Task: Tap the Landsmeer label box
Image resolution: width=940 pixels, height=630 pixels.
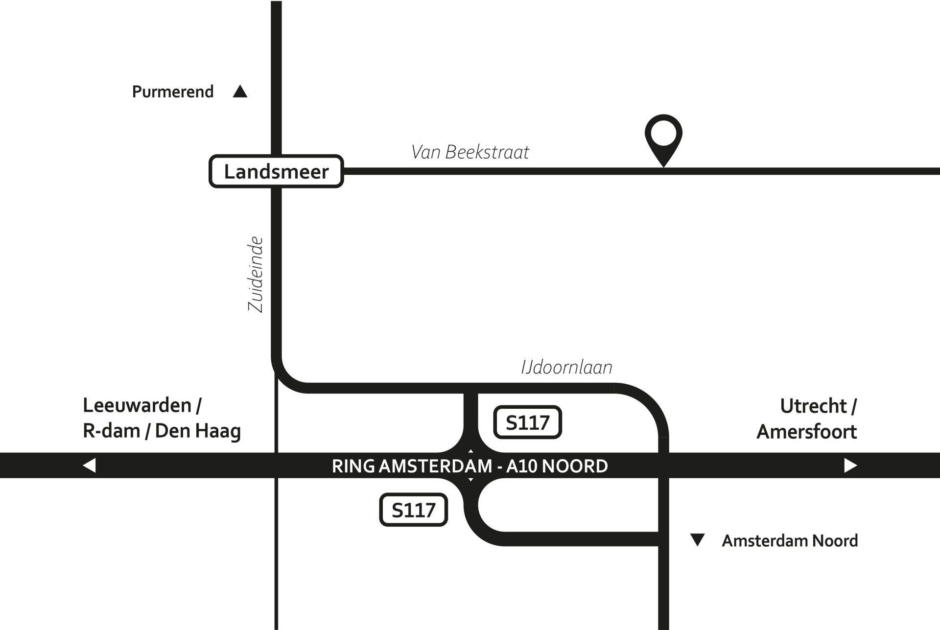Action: (276, 172)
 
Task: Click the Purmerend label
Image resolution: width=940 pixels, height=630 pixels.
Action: (173, 92)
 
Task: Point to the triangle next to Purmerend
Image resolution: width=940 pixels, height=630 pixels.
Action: (240, 92)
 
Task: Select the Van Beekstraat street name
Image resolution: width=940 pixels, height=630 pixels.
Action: (470, 152)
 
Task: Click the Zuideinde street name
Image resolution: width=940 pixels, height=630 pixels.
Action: (256, 275)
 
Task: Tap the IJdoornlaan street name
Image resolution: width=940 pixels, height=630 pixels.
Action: (566, 367)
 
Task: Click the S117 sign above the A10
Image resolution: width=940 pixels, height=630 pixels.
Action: (528, 422)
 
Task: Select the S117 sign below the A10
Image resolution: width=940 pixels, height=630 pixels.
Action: (414, 510)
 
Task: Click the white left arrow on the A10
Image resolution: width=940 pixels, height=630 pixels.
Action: (89, 465)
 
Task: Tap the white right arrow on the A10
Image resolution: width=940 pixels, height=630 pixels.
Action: (850, 465)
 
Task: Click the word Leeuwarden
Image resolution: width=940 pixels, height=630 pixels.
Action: (137, 406)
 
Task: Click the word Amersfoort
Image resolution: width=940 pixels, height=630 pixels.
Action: (806, 432)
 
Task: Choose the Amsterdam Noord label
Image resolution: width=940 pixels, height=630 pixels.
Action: (790, 541)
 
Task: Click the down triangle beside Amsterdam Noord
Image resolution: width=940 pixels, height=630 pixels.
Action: (697, 540)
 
